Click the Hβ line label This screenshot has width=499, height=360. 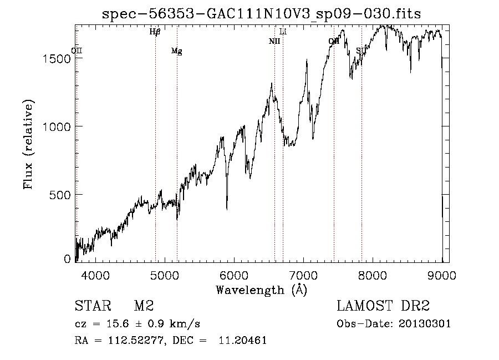(x=155, y=32)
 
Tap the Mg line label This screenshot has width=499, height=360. (x=176, y=51)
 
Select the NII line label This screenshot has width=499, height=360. (x=274, y=41)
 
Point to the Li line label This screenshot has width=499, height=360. (x=283, y=32)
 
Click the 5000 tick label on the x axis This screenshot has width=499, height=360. (x=164, y=275)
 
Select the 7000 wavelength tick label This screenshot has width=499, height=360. (x=303, y=275)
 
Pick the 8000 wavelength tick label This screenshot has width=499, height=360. (x=373, y=275)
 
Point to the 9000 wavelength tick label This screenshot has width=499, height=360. (x=442, y=275)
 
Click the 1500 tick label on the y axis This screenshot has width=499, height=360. (x=57, y=59)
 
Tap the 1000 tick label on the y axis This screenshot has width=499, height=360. (x=57, y=126)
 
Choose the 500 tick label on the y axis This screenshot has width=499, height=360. (x=60, y=195)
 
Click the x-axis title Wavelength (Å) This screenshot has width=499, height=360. (x=261, y=290)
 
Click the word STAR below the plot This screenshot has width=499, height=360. (x=92, y=306)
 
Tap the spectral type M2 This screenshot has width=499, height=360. (x=144, y=306)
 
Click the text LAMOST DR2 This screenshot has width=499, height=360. (x=383, y=306)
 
